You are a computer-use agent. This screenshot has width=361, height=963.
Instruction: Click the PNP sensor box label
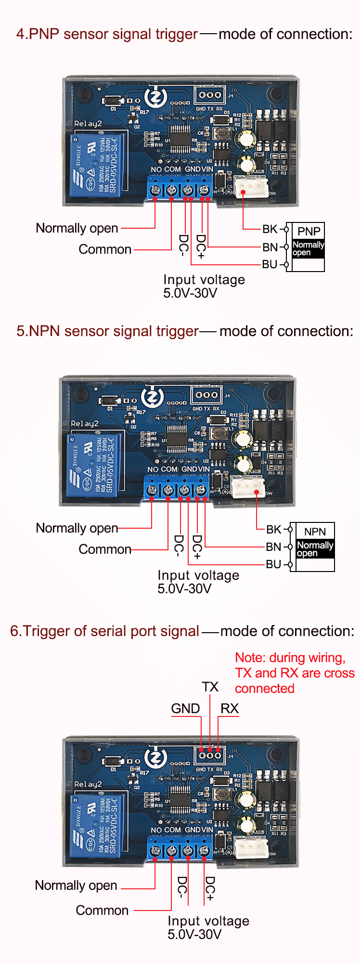(x=309, y=231)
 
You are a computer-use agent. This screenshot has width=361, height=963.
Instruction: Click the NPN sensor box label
(x=315, y=532)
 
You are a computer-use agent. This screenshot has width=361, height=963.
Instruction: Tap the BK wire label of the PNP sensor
(x=270, y=229)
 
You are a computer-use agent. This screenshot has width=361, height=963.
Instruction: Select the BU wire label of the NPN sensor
(x=273, y=564)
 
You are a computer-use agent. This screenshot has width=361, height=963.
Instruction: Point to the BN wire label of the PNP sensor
(x=270, y=247)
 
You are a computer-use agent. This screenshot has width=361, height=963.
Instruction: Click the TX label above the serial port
(x=210, y=687)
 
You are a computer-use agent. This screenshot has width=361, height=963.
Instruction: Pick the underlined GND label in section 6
(x=185, y=709)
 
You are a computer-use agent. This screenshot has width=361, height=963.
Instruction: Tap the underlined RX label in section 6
(x=229, y=709)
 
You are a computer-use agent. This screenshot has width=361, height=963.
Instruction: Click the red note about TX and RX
(x=294, y=673)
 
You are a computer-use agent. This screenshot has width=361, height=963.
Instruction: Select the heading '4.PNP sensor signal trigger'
(x=107, y=34)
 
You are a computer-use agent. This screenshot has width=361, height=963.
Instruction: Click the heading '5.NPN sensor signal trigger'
(x=107, y=331)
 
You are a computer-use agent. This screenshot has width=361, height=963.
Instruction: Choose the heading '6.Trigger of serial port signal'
(x=104, y=631)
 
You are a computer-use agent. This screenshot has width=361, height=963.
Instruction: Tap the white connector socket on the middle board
(x=248, y=486)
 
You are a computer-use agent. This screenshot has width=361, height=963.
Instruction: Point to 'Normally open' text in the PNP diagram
(x=77, y=228)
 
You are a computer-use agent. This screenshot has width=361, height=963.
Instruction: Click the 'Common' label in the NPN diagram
(x=105, y=549)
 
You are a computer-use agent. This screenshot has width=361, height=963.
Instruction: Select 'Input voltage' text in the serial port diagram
(x=208, y=921)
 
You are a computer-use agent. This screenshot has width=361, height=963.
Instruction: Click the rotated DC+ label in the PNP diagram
(x=201, y=246)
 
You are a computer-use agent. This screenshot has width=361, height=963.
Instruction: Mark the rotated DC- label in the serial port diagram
(x=182, y=887)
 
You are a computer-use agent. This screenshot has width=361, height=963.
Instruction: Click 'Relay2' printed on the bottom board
(x=88, y=784)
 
